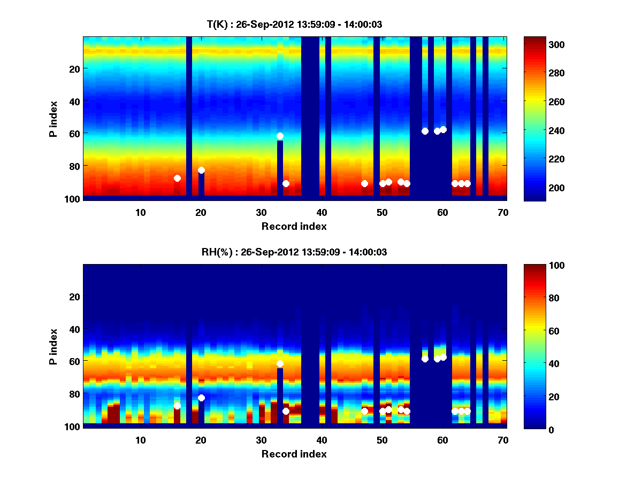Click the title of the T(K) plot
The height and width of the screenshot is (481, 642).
(x=294, y=24)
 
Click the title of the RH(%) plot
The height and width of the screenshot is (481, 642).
(x=294, y=252)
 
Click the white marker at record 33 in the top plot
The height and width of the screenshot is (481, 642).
(x=280, y=136)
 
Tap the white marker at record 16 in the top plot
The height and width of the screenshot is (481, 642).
(x=177, y=178)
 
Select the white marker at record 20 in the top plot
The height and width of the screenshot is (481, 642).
(x=201, y=170)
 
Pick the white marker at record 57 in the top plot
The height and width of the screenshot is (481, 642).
(x=425, y=131)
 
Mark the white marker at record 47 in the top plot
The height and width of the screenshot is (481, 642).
(x=364, y=183)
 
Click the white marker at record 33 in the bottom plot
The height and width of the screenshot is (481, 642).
(x=280, y=363)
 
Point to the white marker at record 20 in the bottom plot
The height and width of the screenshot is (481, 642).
(x=201, y=398)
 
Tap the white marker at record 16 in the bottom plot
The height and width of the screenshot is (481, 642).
(x=177, y=406)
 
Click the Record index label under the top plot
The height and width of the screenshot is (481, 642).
(x=294, y=226)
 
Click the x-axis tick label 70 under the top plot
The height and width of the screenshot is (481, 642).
(x=503, y=212)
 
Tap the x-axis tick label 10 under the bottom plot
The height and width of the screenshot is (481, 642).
(x=141, y=440)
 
